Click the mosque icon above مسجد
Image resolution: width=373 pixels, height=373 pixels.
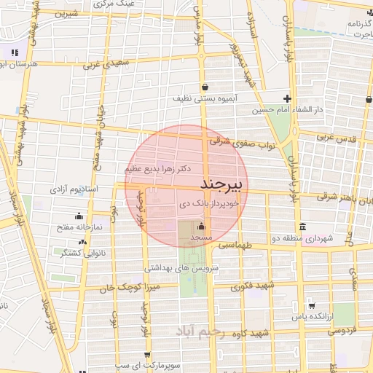[x=201, y=227]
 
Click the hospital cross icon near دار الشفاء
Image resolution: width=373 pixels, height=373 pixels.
[x=288, y=99]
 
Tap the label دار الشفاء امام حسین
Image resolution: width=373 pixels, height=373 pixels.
[x=286, y=111]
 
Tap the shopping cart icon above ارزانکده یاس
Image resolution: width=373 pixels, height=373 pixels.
[x=312, y=305]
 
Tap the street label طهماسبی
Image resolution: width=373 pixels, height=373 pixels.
[x=241, y=246]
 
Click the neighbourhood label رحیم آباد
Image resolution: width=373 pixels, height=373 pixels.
[x=197, y=331]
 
